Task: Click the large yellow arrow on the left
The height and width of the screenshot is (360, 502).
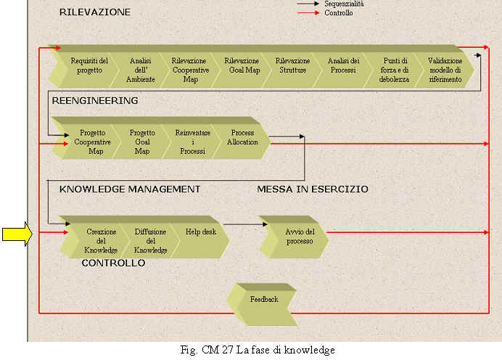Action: tap(17, 234)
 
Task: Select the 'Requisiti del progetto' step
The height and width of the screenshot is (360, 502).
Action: tap(86, 70)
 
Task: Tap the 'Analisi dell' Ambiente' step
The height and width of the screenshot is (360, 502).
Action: tap(140, 70)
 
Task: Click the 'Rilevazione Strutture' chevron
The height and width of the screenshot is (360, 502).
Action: tap(292, 70)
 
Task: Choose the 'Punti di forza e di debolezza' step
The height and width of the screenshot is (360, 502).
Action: tap(394, 70)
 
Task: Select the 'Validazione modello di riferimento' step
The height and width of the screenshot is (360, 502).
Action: tap(445, 70)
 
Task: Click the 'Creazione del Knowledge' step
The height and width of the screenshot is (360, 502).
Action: tap(99, 240)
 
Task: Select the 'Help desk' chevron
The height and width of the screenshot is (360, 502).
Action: tap(201, 240)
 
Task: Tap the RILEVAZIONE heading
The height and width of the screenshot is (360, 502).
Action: tap(95, 12)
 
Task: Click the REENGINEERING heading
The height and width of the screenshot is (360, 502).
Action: tap(95, 101)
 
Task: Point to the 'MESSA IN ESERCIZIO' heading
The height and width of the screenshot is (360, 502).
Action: tap(313, 189)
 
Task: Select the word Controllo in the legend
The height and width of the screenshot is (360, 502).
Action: tap(338, 13)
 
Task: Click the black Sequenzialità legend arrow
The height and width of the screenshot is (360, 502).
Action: tap(308, 4)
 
